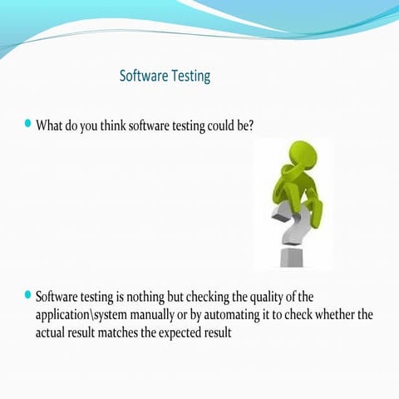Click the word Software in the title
pos(144,76)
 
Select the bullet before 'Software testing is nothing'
pos(28,294)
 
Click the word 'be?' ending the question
pos(243,126)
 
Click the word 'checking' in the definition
pos(208,298)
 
